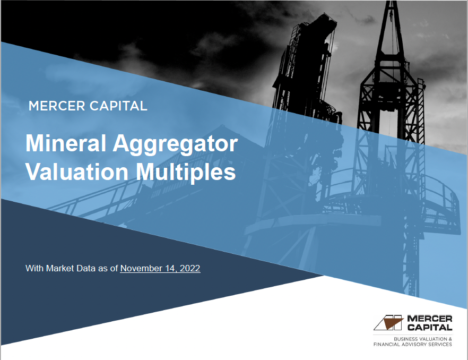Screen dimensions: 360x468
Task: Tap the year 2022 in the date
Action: (189, 268)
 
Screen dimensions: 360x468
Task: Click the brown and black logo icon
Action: (389, 322)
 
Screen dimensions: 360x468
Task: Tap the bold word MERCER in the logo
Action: (429, 319)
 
